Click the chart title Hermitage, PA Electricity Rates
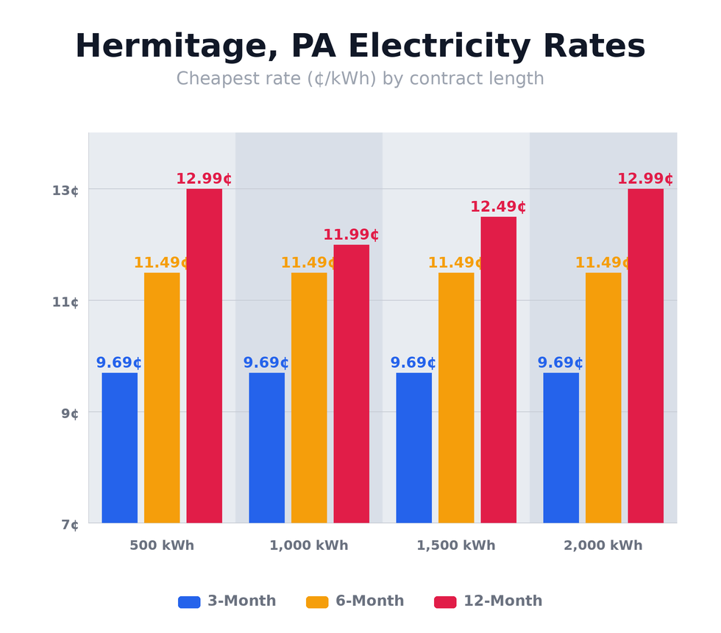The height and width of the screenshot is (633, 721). (x=360, y=47)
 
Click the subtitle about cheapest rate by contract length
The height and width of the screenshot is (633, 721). (x=360, y=79)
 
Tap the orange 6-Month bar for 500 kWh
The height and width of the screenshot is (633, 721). (x=162, y=397)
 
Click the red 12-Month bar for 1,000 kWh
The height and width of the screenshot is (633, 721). (x=351, y=383)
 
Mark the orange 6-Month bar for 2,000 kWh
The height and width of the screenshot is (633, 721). (x=603, y=397)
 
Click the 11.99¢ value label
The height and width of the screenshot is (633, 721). (x=351, y=236)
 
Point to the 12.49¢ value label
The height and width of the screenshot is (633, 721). (x=498, y=208)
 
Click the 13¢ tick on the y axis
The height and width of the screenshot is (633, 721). (x=65, y=191)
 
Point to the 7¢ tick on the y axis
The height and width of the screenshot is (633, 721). (x=70, y=525)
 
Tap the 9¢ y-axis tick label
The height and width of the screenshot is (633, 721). (x=70, y=414)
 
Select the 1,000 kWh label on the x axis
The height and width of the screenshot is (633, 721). (x=308, y=546)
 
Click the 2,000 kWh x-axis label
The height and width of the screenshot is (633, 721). (x=603, y=546)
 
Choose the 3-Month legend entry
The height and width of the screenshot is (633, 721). (x=227, y=601)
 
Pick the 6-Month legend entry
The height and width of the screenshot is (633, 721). (x=355, y=601)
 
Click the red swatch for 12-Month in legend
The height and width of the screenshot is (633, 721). (x=445, y=602)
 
